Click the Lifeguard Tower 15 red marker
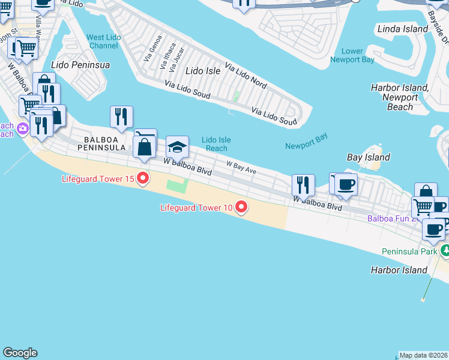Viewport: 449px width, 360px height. point(143,179)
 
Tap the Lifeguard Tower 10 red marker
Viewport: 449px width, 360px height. point(241,208)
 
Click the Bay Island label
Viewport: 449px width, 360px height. point(369,157)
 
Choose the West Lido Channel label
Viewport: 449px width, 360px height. point(103,41)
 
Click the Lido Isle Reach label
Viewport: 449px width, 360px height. point(216,144)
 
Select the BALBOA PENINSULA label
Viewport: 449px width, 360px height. point(101,143)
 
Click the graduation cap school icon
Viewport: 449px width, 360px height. point(177,146)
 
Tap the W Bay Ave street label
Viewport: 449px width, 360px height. point(241,167)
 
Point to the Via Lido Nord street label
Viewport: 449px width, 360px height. point(246,74)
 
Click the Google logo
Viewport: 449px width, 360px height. point(20,353)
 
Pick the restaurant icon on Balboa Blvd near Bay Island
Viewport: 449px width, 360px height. point(303,185)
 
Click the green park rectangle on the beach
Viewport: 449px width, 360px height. point(176,186)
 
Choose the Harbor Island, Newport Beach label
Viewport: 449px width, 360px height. point(400,97)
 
